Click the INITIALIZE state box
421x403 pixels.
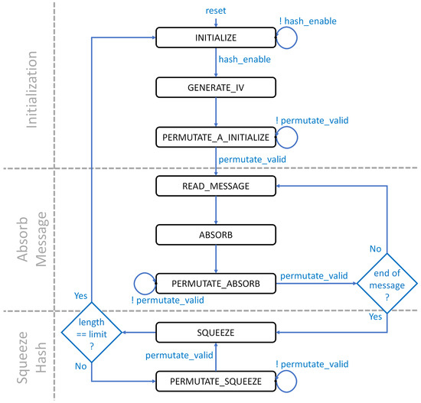tap(215, 36)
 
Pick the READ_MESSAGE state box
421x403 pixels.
tap(215, 184)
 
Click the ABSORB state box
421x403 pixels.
tap(215, 233)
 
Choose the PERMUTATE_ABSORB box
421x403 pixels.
tap(215, 282)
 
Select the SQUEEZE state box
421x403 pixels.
tap(215, 332)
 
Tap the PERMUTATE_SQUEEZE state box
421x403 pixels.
tap(215, 380)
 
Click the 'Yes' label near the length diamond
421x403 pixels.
tap(80, 293)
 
